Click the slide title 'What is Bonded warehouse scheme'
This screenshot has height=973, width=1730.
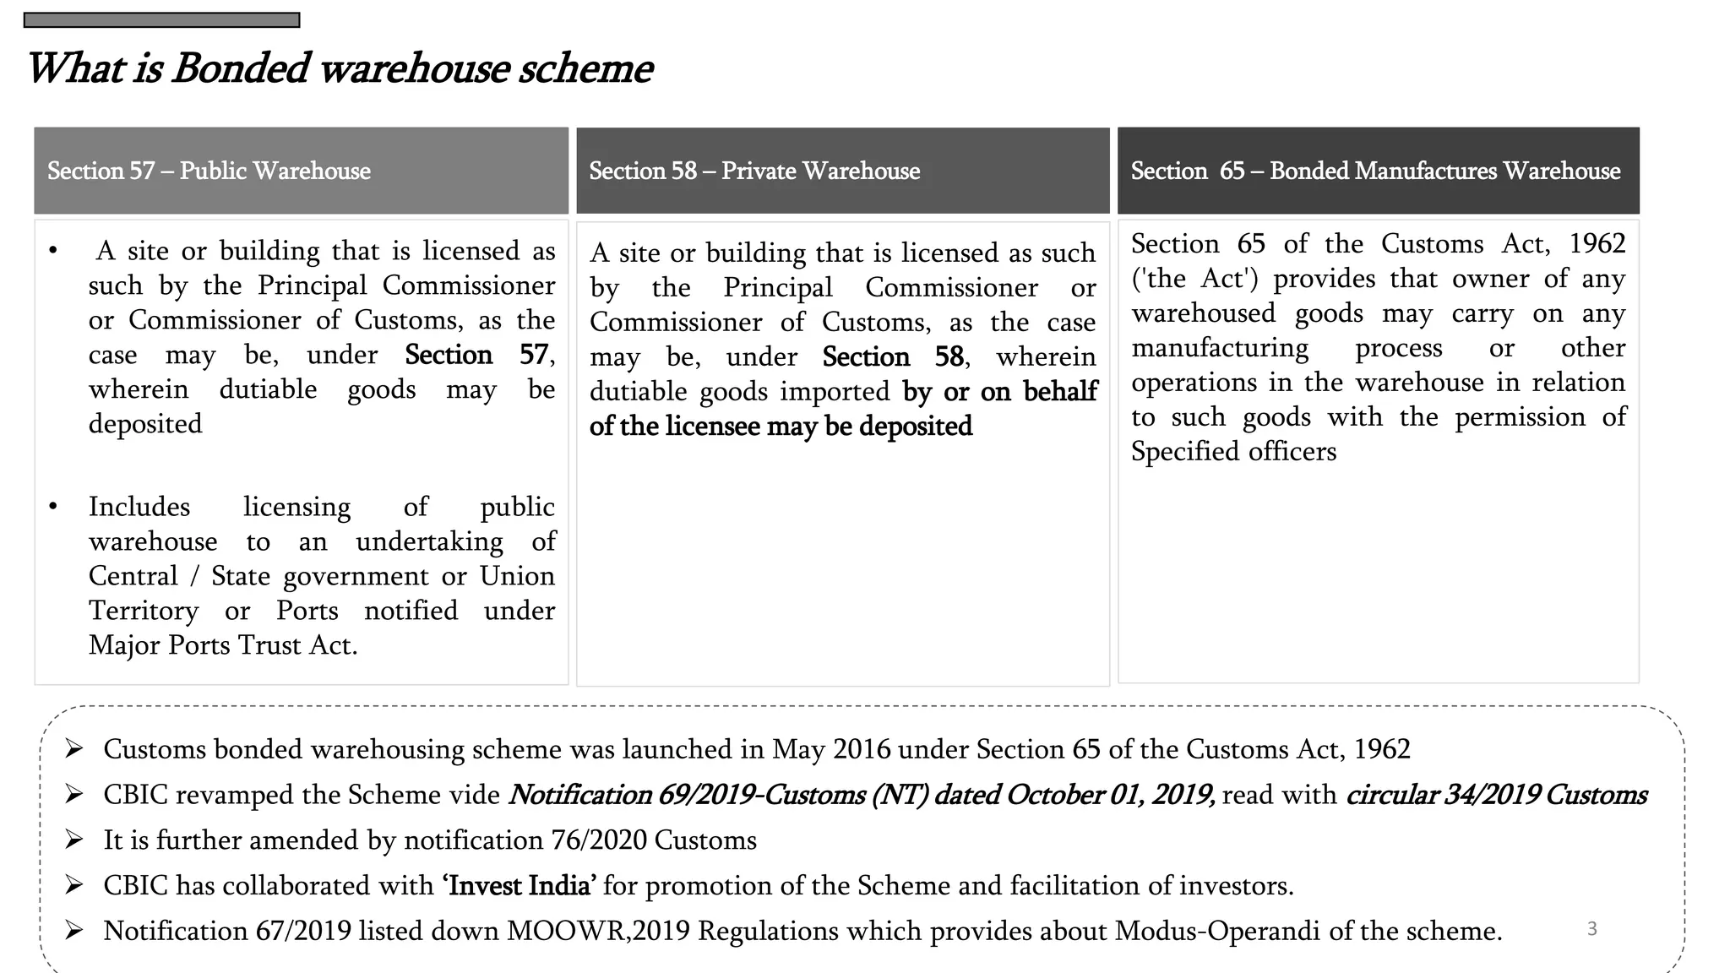point(339,68)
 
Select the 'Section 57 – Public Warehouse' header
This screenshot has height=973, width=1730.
point(209,171)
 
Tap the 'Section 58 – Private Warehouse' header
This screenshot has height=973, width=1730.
point(754,171)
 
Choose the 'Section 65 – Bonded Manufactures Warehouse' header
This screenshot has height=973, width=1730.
point(1375,171)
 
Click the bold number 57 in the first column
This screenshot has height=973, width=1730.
point(534,355)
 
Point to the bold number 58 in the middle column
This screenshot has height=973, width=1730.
point(949,357)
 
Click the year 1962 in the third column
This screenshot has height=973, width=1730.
point(1597,244)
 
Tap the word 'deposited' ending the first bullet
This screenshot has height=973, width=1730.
point(145,424)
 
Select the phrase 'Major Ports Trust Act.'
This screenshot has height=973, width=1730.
point(223,645)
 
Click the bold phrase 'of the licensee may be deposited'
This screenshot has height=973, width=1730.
point(781,427)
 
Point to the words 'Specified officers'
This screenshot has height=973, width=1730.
point(1233,452)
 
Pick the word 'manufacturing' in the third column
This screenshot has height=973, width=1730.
point(1220,348)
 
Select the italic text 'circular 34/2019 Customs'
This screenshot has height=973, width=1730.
point(1496,795)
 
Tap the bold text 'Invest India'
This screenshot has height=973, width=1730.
point(520,885)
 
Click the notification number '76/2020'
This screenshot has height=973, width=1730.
point(599,840)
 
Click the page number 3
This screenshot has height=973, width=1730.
point(1592,929)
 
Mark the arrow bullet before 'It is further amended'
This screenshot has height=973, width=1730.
point(74,840)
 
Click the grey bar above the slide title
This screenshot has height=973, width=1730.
point(161,20)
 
